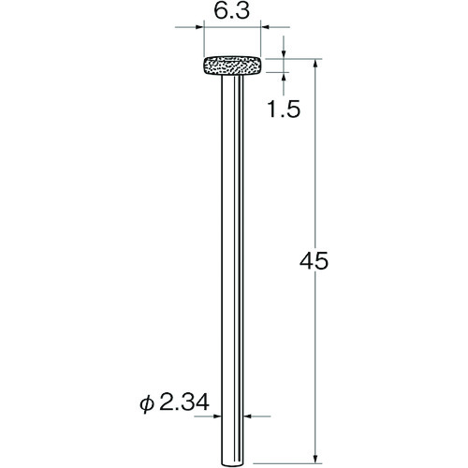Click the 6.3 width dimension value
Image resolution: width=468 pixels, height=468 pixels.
point(232,12)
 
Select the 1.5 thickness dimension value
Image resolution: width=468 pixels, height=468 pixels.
point(284,110)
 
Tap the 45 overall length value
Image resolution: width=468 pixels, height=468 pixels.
point(314,261)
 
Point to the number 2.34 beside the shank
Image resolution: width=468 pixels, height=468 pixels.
point(184,402)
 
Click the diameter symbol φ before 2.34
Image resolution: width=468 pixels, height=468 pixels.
point(147,403)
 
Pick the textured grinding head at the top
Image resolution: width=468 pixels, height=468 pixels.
point(232,66)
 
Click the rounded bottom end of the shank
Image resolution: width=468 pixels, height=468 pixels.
point(232,464)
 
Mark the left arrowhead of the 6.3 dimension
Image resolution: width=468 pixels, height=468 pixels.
point(199,27)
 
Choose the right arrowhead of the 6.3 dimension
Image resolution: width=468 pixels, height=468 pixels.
point(265,27)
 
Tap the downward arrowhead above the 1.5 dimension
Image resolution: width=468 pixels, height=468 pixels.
point(284,54)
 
